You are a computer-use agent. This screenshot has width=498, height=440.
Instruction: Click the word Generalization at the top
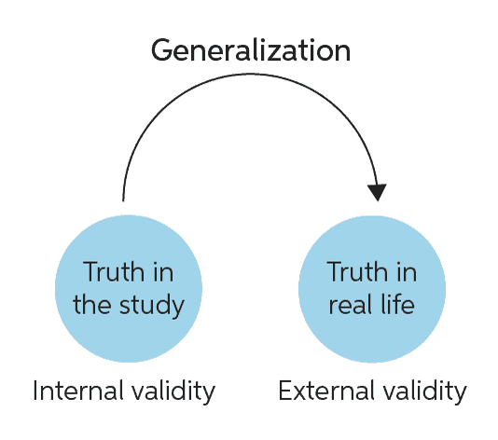click(x=251, y=50)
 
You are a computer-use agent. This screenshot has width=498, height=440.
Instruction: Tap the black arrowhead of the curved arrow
click(x=377, y=192)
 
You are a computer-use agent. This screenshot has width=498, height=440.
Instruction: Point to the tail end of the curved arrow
click(x=123, y=200)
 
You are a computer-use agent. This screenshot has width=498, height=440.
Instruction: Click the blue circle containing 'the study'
click(x=129, y=289)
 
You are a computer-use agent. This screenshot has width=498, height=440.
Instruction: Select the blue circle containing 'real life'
click(x=372, y=289)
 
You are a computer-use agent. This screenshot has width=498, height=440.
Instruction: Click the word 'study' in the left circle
click(x=152, y=306)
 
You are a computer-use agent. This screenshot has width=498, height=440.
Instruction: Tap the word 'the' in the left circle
click(x=92, y=304)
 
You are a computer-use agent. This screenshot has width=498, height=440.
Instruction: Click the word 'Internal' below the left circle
click(x=78, y=391)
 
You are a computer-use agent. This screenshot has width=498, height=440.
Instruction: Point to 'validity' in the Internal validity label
click(x=173, y=392)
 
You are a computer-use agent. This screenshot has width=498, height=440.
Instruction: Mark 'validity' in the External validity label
click(x=424, y=392)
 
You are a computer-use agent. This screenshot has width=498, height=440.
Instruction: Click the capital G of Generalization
click(x=162, y=50)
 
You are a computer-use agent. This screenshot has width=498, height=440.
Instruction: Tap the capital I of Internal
click(x=35, y=391)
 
